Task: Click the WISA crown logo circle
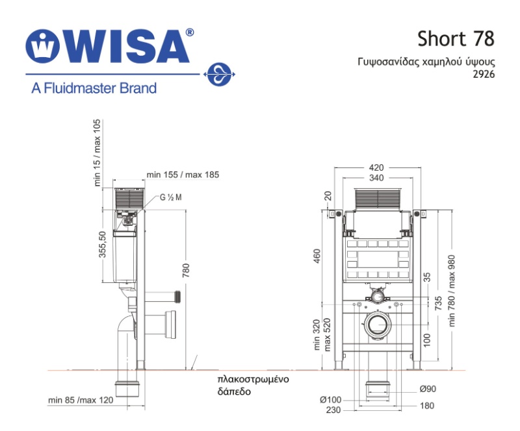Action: [x=42, y=46]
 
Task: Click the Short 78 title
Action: [x=456, y=39]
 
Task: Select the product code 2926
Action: [x=484, y=74]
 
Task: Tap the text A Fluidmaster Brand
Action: [x=94, y=88]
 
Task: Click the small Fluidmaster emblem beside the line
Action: [x=219, y=75]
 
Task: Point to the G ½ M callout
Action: [x=171, y=197]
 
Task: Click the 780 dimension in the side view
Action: [x=186, y=270]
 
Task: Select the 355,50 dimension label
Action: [x=103, y=245]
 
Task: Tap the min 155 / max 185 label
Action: [x=183, y=175]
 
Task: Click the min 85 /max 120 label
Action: [x=81, y=400]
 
